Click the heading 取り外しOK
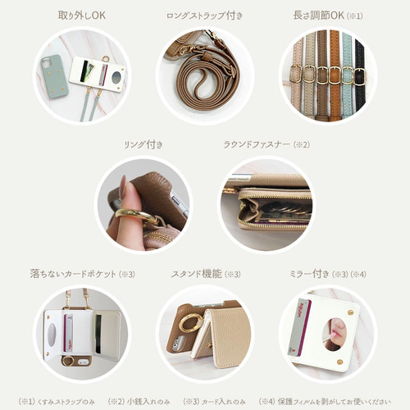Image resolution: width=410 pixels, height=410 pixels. (x=80, y=15)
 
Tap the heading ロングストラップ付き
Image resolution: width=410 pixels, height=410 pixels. (x=204, y=15)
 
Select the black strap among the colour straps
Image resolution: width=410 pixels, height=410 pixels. (x=358, y=78)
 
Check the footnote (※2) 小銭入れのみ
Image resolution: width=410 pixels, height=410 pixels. (x=139, y=401)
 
